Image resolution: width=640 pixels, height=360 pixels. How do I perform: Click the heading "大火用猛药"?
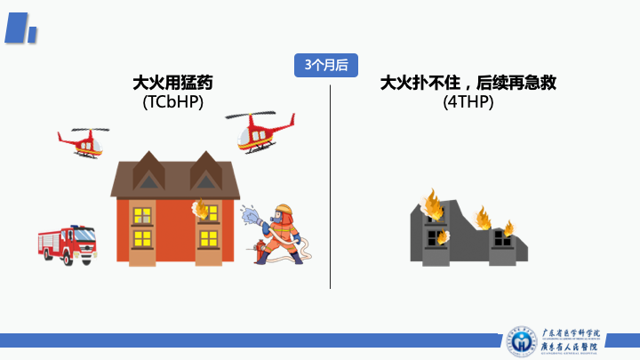click(172, 84)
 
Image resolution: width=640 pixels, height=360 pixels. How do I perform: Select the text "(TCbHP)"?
click(172, 103)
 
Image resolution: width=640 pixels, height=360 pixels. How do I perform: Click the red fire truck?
click(67, 244)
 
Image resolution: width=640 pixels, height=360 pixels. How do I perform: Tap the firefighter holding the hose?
click(283, 233)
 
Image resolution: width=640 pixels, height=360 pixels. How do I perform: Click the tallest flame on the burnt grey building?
click(434, 204)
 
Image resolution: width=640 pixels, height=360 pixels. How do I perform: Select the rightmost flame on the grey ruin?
click(508, 228)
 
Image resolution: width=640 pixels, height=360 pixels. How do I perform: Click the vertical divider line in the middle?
click(330, 187)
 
